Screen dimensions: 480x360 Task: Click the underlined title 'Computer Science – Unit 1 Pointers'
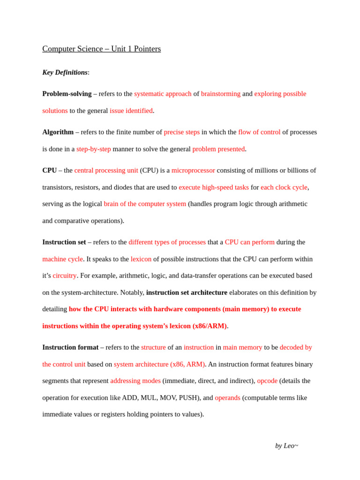101,49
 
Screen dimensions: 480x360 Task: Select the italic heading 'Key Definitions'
65,72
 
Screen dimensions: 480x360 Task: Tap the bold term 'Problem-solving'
67,94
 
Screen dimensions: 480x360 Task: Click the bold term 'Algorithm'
58,132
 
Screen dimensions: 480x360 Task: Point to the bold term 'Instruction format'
70,347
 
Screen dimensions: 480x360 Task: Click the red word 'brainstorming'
221,94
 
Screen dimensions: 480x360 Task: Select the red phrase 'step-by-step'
94,149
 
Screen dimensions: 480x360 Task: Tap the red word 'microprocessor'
193,171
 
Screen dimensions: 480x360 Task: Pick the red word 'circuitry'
65,276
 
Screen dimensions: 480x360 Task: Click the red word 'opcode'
267,381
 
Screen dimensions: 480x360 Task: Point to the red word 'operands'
227,397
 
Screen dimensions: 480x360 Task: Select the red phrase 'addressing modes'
135,381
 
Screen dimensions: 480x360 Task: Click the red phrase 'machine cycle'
62,259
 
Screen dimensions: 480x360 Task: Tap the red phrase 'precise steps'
182,132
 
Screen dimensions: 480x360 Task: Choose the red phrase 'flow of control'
259,132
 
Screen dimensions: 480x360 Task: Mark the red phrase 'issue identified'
131,111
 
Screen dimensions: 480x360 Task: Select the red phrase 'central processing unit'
106,171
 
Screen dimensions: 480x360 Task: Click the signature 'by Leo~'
286,446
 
